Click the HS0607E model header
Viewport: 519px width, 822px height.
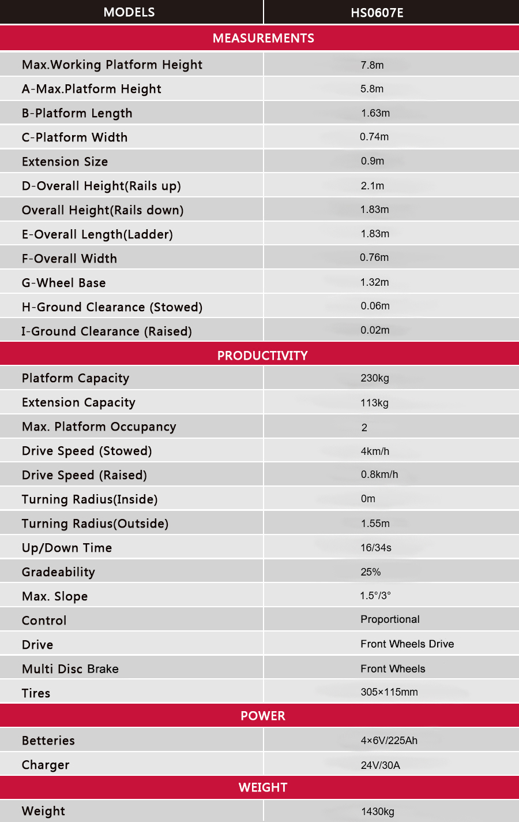(377, 12)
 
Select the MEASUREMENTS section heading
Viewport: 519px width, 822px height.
(263, 38)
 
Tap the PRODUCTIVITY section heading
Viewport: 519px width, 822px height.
(262, 356)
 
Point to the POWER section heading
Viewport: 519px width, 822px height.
(263, 716)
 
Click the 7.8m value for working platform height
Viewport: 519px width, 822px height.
(372, 65)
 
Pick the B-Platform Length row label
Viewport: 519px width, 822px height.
(77, 113)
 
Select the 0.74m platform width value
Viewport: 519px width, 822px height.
(374, 137)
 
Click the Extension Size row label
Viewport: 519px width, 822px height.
(65, 162)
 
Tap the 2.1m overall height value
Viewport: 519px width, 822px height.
(373, 186)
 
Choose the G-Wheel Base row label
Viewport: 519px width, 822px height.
(64, 283)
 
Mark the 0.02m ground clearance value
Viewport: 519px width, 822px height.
(375, 330)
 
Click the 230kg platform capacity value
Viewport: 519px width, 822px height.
(375, 378)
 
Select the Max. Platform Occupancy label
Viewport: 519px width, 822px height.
(99, 427)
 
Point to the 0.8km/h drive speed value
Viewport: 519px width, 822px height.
(379, 474)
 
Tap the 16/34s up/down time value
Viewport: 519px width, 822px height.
(376, 548)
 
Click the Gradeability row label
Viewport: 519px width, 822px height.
(58, 572)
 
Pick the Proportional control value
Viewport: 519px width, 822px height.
(390, 619)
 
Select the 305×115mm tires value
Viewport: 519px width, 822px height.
(389, 692)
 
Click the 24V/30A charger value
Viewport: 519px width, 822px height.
(380, 765)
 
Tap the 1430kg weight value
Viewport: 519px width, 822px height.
(378, 812)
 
